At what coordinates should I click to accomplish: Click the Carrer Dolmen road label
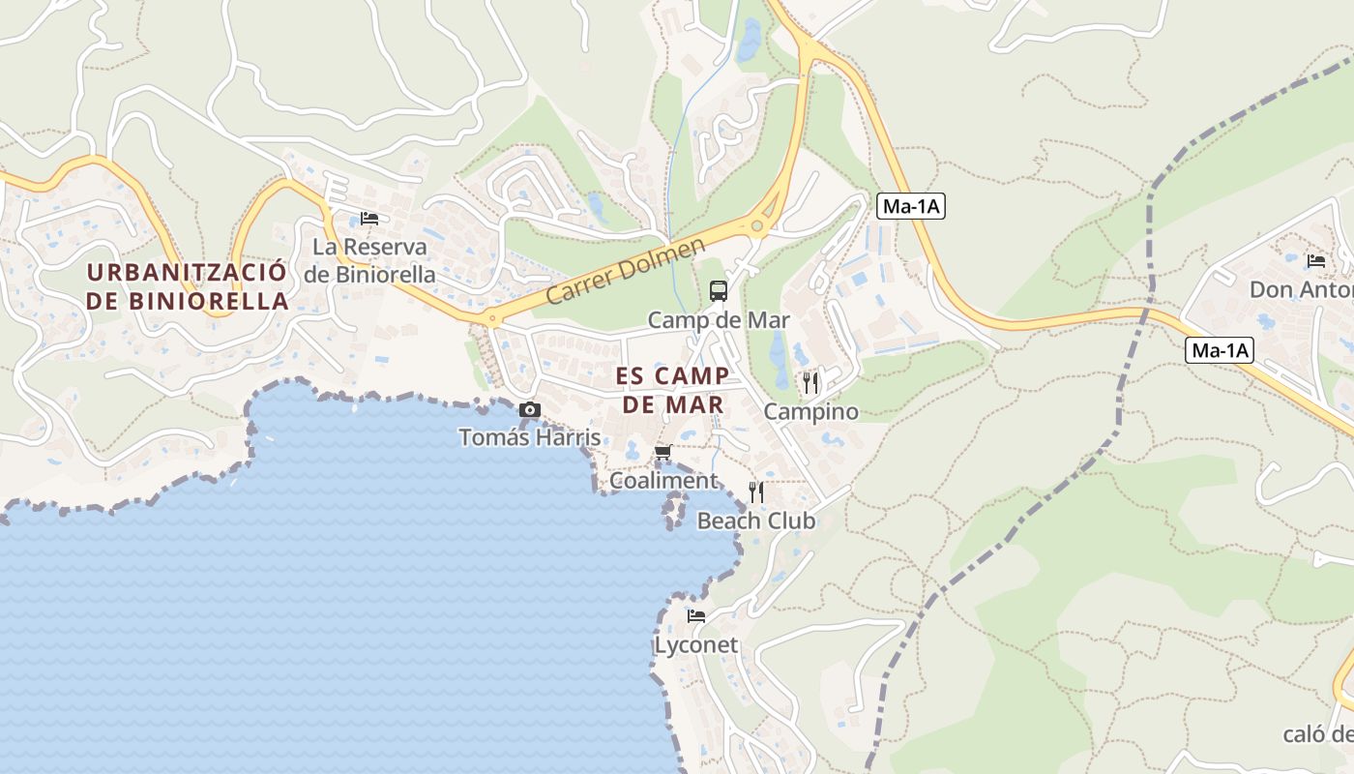coord(626,272)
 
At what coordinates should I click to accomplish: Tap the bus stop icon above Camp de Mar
coord(718,290)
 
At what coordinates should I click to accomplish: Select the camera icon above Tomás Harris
coord(529,409)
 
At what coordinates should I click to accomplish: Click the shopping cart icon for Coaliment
coord(663,452)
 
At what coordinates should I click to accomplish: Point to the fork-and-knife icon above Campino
coord(810,383)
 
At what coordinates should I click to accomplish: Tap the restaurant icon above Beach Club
coord(756,492)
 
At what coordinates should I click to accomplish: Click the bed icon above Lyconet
coord(695,615)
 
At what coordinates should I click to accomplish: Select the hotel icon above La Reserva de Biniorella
coord(368,218)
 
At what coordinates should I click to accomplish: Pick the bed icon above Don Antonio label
coord(1315,260)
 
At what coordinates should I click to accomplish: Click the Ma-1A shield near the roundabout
coord(910,206)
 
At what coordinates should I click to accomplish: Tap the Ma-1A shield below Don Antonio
coord(1219,350)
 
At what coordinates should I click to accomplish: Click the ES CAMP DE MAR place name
coord(672,390)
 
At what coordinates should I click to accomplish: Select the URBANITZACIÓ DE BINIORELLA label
coord(187,286)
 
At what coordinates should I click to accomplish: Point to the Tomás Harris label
coord(529,437)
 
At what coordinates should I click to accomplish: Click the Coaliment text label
coord(663,481)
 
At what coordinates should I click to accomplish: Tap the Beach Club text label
coord(756,521)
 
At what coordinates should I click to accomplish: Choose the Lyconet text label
coord(695,644)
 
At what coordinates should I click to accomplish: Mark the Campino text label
coord(810,412)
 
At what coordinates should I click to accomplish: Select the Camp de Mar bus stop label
coord(718,320)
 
